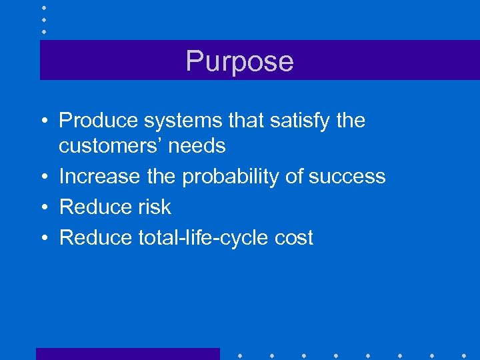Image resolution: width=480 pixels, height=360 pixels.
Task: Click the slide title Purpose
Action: point(239,61)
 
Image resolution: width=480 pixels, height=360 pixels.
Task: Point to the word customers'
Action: point(110,145)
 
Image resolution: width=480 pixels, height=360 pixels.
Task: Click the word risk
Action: point(155,207)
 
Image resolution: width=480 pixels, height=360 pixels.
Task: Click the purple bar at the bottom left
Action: point(127,354)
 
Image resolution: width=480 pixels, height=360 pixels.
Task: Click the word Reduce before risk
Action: point(96,207)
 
